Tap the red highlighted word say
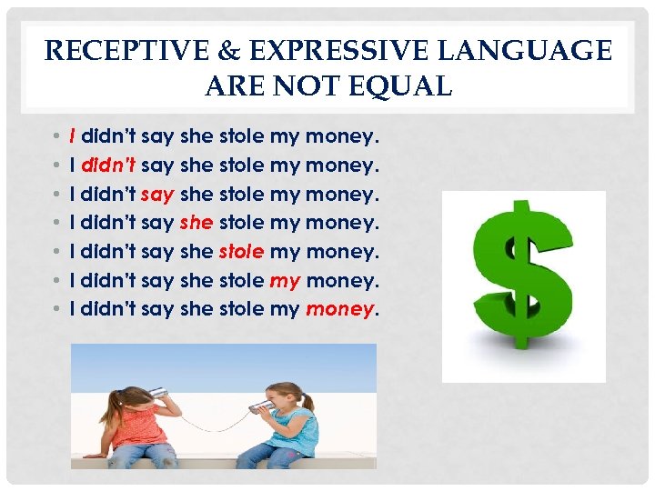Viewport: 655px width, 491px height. tap(158, 194)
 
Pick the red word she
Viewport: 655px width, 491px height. tap(196, 223)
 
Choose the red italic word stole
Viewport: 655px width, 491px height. tap(241, 252)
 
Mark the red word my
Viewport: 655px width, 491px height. tap(285, 281)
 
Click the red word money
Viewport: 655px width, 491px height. tap(339, 310)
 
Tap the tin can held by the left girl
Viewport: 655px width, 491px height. tap(157, 392)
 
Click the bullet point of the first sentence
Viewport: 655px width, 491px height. tap(55, 137)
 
